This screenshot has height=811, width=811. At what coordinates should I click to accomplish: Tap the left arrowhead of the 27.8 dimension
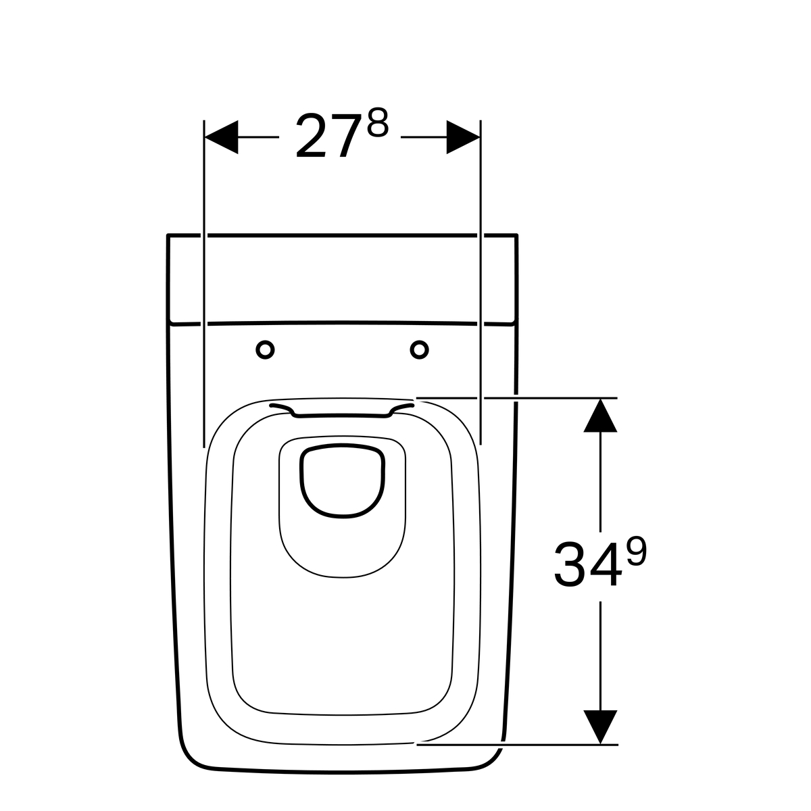(x=222, y=137)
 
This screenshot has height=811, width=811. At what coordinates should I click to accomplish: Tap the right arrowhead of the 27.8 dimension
(x=464, y=137)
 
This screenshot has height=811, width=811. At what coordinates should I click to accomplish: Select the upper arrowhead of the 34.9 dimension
(x=600, y=416)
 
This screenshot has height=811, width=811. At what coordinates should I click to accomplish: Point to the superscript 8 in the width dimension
(x=378, y=122)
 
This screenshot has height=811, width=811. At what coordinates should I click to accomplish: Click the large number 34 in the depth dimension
(x=588, y=564)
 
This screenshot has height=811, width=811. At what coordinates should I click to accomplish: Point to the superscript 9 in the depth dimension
(x=637, y=551)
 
